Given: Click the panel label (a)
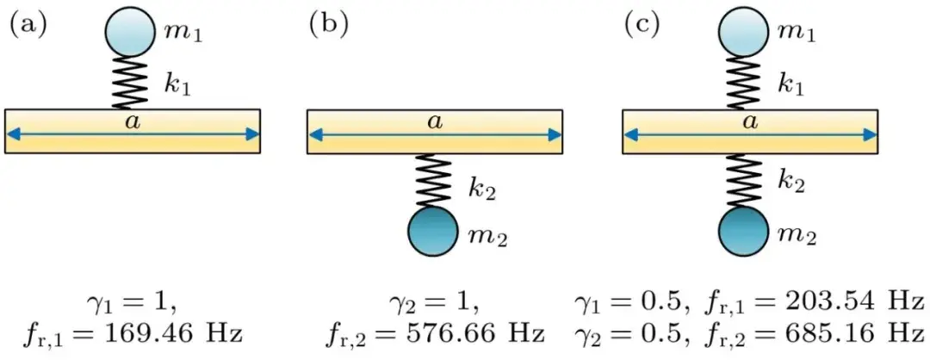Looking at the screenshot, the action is point(28,26).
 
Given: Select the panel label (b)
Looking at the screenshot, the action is point(328,26).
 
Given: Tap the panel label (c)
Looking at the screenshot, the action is point(642,26).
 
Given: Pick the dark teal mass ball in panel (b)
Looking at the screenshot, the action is point(433,232).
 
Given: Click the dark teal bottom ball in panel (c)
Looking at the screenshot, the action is point(744,232).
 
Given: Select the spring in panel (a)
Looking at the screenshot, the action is point(130,83).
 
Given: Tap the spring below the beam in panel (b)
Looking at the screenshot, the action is point(433,180).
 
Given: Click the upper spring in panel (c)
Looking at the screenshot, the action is point(744,83).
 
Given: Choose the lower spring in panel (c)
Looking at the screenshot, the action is point(744,180).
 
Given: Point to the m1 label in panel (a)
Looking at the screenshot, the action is point(183,34).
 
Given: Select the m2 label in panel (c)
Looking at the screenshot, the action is point(797,235).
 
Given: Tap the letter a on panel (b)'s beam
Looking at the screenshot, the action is point(436,121).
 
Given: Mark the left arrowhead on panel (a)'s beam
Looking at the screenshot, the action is point(13,135).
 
